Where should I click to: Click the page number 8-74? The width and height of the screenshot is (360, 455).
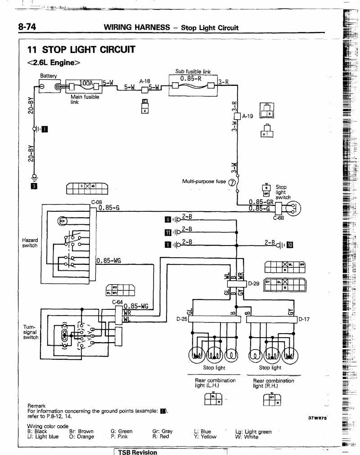point(27,27)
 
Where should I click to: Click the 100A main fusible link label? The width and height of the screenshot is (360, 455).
point(85,83)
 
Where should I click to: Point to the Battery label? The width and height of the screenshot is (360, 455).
point(49,76)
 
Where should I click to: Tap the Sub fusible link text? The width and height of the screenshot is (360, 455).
point(193,71)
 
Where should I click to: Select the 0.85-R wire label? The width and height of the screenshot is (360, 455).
point(190,78)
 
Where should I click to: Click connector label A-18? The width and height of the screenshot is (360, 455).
point(144,81)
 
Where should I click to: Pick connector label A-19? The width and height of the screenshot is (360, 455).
point(248,116)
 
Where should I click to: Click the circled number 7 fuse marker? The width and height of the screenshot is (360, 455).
point(232,183)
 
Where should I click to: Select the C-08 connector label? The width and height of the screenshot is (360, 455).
point(97,202)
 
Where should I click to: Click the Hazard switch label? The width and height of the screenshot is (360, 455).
point(30,243)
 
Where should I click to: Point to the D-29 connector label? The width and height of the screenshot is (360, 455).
point(254,284)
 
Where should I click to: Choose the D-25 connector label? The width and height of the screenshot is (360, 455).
point(181,319)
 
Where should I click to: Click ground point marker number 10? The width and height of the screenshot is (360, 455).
point(290,245)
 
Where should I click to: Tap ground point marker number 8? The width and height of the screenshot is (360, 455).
point(168,219)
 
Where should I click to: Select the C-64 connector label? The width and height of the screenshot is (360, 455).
point(117,302)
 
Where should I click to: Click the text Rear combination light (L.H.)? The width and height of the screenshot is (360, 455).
point(215,383)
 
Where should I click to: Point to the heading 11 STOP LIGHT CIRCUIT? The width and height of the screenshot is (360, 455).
point(81,49)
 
